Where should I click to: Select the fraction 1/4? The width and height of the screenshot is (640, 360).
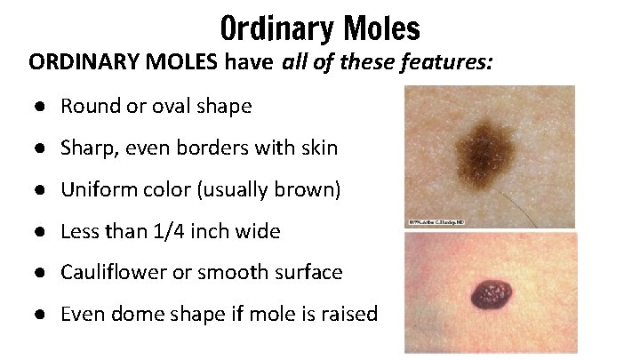tap(168, 232)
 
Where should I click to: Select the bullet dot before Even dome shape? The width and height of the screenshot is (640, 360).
tap(42, 315)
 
